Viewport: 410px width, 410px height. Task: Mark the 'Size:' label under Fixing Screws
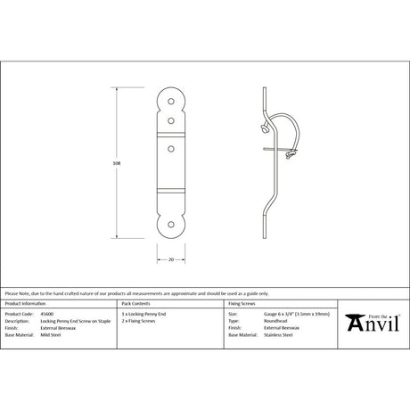click(x=233, y=315)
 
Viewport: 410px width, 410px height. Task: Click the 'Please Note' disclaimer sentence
click(x=134, y=293)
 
